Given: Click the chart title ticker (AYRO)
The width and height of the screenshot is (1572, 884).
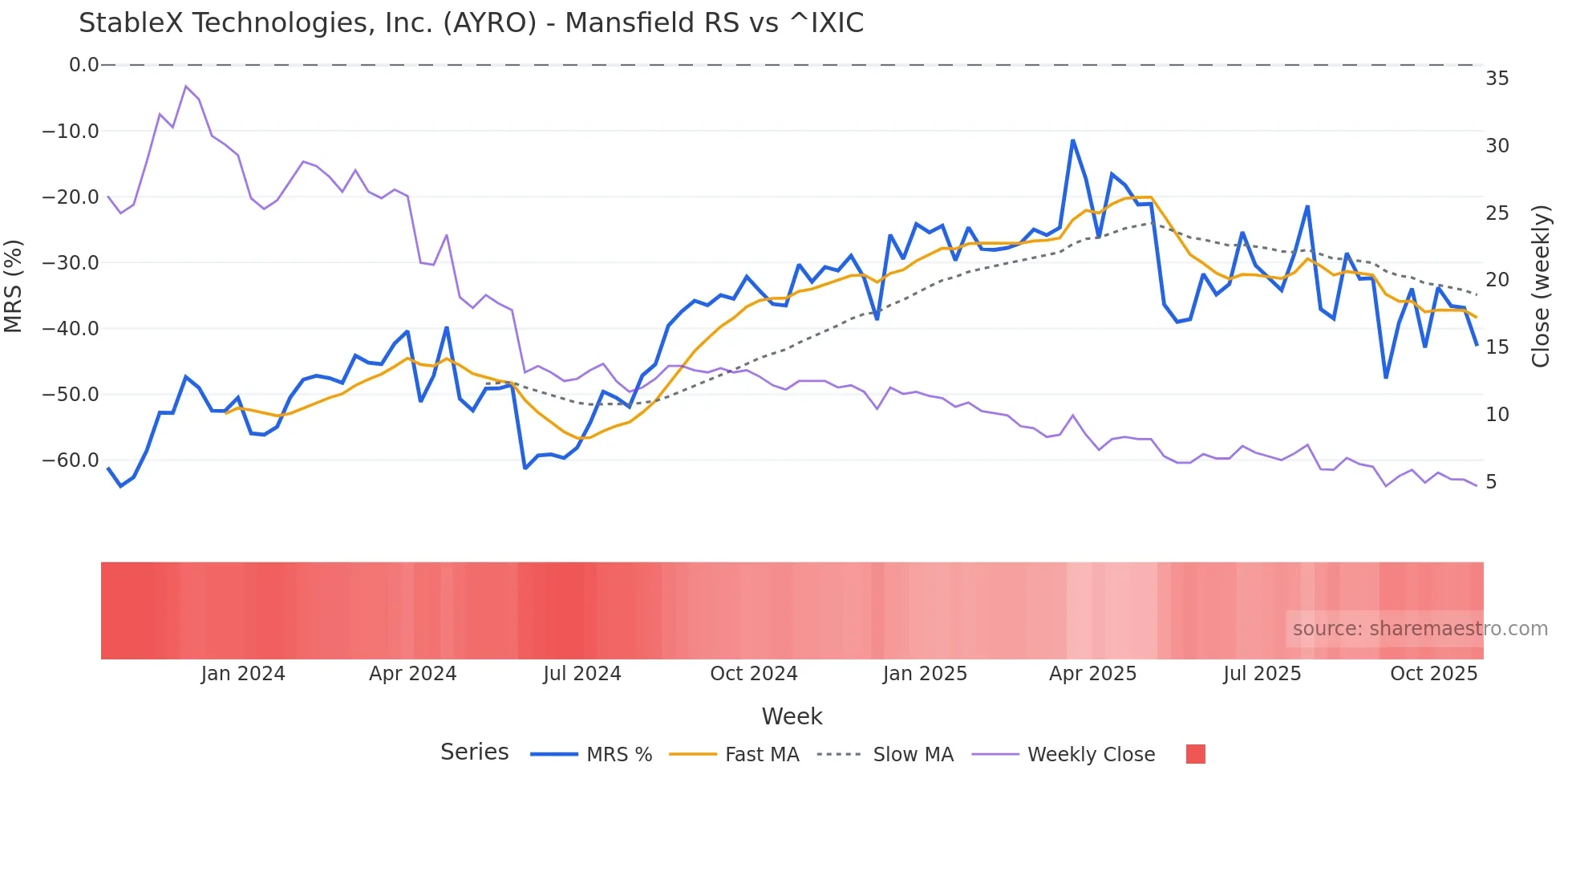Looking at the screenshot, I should (x=489, y=23).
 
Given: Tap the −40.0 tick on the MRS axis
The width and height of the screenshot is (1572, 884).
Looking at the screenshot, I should (x=71, y=328).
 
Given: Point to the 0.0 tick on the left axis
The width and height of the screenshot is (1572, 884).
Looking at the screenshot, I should (x=83, y=65).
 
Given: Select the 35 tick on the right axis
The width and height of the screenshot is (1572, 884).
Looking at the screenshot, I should (x=1497, y=79).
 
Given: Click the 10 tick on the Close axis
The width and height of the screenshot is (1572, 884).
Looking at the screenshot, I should (x=1497, y=415).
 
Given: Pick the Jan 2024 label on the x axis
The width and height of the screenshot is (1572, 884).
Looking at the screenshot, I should (x=242, y=674).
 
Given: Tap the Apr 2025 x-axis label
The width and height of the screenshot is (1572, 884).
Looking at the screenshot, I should (x=1092, y=674).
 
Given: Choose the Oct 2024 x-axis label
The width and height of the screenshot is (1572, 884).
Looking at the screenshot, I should (x=753, y=674).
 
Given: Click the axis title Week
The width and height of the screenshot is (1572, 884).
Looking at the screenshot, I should (x=792, y=716).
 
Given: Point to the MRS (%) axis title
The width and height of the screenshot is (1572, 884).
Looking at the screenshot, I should (x=13, y=286).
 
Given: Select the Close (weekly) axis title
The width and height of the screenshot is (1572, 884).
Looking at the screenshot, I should (x=1541, y=286).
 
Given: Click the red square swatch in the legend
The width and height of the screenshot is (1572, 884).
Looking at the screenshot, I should (x=1195, y=754).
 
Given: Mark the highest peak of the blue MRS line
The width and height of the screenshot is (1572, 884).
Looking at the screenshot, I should (x=1072, y=140).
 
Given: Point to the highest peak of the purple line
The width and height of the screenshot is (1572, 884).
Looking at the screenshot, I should (x=185, y=86).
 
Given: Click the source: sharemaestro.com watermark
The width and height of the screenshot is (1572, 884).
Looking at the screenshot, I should (x=1420, y=629).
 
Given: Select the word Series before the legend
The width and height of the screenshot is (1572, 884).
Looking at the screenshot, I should (x=474, y=752).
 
